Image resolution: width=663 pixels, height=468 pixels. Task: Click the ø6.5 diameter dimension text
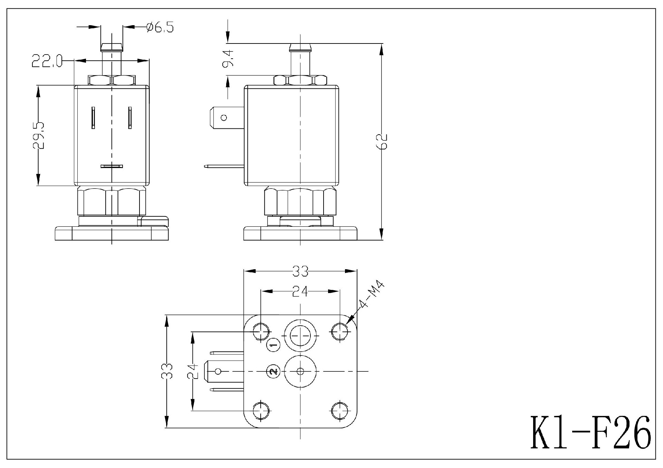[x=160, y=27]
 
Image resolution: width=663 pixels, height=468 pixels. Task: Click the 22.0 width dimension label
[x=46, y=61]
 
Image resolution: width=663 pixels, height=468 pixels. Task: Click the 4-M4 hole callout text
[x=372, y=295]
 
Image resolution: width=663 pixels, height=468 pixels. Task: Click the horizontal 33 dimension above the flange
[x=300, y=272]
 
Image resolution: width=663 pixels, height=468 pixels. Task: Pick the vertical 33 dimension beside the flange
[x=167, y=371]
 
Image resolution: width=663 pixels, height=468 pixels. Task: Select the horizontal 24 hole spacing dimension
[x=300, y=292]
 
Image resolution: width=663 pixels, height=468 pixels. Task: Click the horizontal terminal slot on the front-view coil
[x=112, y=166]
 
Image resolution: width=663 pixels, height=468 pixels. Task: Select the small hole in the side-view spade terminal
[x=224, y=118]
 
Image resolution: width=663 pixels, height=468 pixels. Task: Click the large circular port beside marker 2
[x=300, y=371]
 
